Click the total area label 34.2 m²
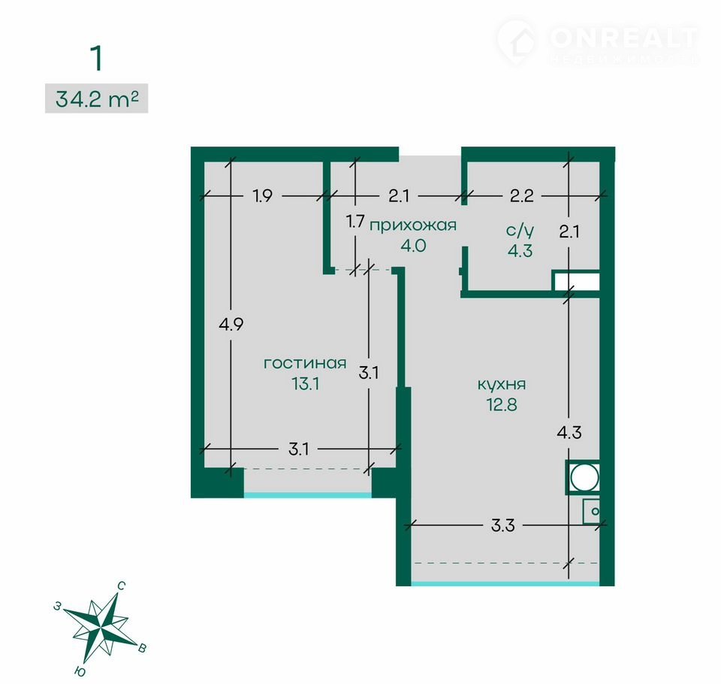point(97,98)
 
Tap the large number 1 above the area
point(96,59)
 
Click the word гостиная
point(305,363)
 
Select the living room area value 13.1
point(306,383)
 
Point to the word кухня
point(502,384)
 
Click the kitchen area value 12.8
point(502,404)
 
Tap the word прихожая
point(413,225)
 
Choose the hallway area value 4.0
point(413,246)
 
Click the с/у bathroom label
point(520,230)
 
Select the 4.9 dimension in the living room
point(231,325)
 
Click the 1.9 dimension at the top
point(263,196)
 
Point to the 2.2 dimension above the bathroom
point(522,196)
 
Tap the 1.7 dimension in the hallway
point(355,222)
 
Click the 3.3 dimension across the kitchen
point(502,525)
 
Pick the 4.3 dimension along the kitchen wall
point(569,432)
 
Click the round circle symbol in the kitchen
point(584,477)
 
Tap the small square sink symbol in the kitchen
point(592,511)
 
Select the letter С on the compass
point(121,586)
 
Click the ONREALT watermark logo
point(598,41)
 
